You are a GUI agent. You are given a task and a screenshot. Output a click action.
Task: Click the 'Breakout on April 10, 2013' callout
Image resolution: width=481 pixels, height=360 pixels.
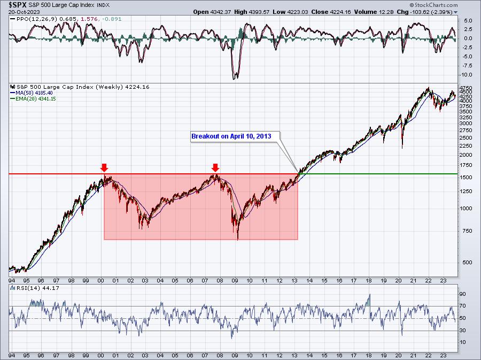[x=231, y=136]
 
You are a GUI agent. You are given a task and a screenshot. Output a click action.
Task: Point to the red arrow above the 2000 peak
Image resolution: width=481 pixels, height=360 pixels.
[x=105, y=168]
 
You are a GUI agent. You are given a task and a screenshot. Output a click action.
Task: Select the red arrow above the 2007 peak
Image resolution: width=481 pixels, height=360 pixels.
[x=215, y=168]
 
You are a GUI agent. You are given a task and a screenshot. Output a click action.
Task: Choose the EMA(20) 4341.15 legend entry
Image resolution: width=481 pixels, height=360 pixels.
[x=36, y=99]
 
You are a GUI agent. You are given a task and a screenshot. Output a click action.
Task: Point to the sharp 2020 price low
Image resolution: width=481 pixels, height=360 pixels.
[x=402, y=148]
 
